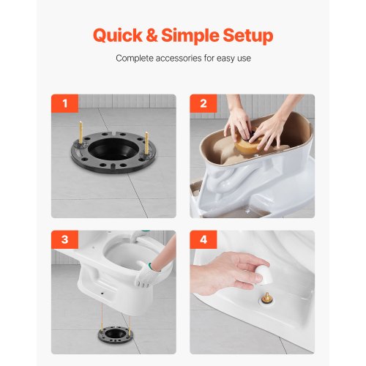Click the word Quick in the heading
[118, 36]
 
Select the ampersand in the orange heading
[152, 36]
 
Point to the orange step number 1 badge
[64, 103]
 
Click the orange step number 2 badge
[203, 103]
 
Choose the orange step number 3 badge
[64, 239]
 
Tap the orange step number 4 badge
[203, 239]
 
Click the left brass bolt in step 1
[81, 132]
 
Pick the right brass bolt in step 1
[146, 143]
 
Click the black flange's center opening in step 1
[113, 148]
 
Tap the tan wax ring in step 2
[247, 143]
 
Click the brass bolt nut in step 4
[267, 298]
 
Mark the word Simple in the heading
[190, 37]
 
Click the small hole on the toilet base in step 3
[102, 292]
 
